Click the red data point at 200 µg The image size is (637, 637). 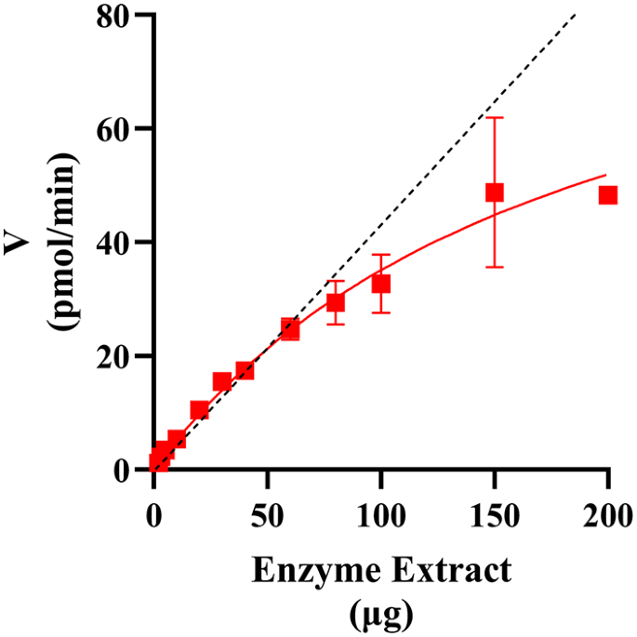(x=608, y=195)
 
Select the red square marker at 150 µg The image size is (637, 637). (x=495, y=192)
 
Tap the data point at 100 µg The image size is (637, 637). (x=381, y=284)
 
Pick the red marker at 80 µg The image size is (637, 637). (x=336, y=302)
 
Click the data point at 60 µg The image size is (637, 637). (x=290, y=328)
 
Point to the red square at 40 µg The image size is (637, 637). (x=245, y=370)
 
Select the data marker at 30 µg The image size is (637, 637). (x=222, y=381)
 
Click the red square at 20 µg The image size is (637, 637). (x=199, y=410)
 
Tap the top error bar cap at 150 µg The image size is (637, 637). (x=495, y=117)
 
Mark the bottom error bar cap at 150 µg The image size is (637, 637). (x=495, y=267)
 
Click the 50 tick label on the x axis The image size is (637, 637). (x=268, y=511)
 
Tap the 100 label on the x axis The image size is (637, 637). (x=381, y=511)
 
